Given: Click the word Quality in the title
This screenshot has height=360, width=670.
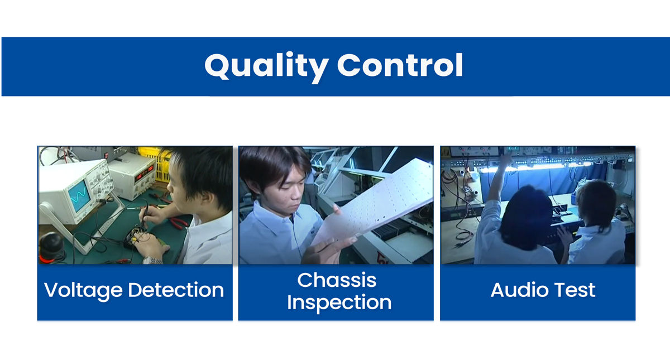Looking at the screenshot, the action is tap(266, 67).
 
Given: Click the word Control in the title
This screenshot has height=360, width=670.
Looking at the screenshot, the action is tap(400, 65).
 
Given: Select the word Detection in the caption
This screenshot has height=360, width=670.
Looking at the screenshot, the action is tap(176, 290).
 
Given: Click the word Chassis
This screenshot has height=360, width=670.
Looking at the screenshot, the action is tap(337, 280).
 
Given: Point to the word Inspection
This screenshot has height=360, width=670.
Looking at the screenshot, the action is tap(339, 303).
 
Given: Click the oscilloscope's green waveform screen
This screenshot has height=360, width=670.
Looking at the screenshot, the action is tap(79, 196).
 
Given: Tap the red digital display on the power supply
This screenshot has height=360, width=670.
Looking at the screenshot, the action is tap(144, 173).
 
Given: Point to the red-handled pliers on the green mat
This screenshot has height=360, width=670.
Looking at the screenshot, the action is tap(179, 223).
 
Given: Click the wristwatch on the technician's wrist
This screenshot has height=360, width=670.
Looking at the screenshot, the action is tap(152, 260).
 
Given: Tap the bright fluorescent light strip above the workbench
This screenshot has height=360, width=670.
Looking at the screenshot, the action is tap(535, 166).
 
